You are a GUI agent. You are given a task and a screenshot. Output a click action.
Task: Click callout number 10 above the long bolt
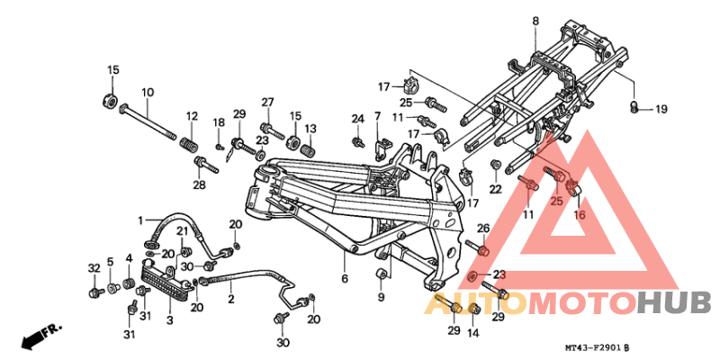pyautogui.click(x=148, y=92)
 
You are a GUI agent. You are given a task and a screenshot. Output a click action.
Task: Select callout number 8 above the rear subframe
pyautogui.click(x=535, y=21)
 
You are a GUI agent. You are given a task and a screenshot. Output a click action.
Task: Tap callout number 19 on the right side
pyautogui.click(x=661, y=110)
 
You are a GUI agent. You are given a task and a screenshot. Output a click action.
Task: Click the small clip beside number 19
pyautogui.click(x=634, y=108)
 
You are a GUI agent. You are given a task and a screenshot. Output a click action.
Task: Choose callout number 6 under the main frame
pyautogui.click(x=344, y=280)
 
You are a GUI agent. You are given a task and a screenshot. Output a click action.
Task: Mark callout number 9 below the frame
pyautogui.click(x=381, y=297)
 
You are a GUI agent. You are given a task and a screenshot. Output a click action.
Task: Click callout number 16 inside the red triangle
pyautogui.click(x=580, y=215)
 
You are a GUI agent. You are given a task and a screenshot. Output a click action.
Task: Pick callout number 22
pyautogui.click(x=495, y=189)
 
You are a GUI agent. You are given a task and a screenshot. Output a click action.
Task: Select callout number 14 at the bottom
pyautogui.click(x=474, y=332)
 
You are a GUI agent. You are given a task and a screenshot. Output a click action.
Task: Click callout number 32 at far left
pyautogui.click(x=94, y=268)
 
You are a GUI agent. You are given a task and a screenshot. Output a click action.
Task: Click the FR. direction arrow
pyautogui.click(x=38, y=337)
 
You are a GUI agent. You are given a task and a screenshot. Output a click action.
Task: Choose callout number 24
pyautogui.click(x=356, y=119)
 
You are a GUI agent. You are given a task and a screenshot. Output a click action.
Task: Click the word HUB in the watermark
pyautogui.click(x=675, y=304)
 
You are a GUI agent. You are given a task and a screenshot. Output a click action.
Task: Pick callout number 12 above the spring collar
pyautogui.click(x=191, y=116)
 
